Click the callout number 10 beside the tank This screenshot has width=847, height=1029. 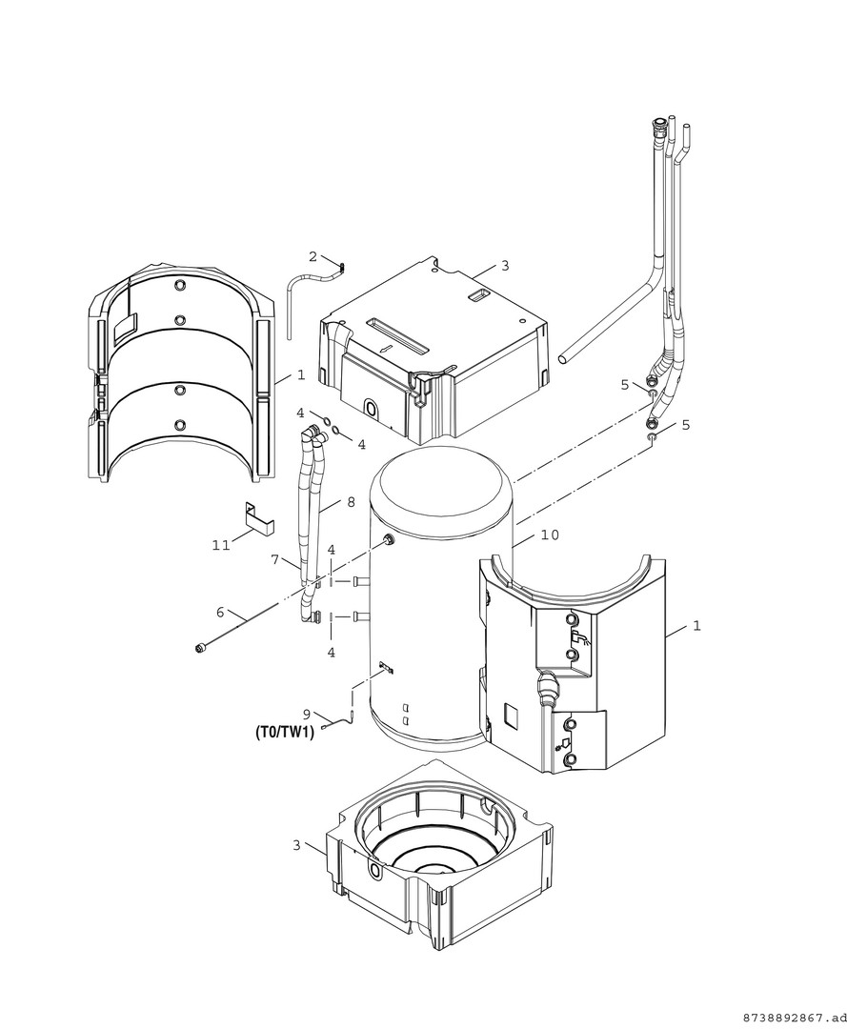pos(551,535)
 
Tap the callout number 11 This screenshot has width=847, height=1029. pos(221,545)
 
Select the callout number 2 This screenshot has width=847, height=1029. pos(313,256)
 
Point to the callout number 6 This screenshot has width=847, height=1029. pos(220,613)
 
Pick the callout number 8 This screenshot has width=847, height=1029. pos(351,502)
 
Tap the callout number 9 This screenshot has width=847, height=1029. pos(307,714)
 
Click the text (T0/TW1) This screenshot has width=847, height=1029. pos(284,733)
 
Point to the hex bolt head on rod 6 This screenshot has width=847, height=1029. pos(199,649)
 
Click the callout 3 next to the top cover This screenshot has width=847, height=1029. pos(505,266)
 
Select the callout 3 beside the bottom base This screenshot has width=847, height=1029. pos(296,846)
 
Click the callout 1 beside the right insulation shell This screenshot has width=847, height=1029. pos(696,626)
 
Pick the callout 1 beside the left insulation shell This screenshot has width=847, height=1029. pos(300,374)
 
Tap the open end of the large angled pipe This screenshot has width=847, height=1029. pos(563,359)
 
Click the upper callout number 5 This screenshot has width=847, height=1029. pos(625,385)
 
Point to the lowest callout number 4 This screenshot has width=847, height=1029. pos(332,653)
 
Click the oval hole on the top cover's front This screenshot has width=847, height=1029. pos(371,410)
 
